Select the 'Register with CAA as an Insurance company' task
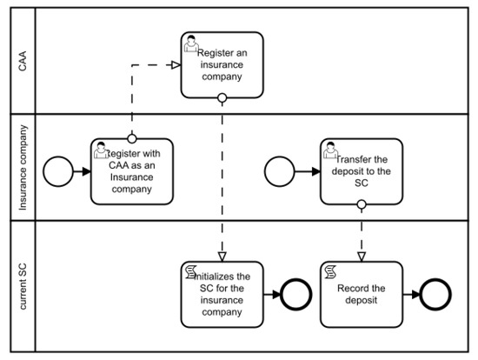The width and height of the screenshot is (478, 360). [132, 170]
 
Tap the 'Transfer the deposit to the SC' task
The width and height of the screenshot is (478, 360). [361, 170]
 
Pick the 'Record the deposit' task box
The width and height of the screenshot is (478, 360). [361, 292]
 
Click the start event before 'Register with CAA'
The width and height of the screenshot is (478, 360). [58, 171]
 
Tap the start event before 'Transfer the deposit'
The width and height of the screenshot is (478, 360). [280, 171]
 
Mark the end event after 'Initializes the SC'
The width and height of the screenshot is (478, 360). [298, 292]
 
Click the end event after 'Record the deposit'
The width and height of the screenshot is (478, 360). [434, 292]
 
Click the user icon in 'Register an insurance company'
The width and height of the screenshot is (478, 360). [190, 43]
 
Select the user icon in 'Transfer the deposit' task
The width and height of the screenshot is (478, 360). [330, 150]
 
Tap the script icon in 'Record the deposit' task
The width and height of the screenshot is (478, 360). [330, 270]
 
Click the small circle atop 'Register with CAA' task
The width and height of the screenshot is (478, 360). [132, 137]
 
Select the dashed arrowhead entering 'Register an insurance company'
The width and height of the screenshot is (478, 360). [175, 65]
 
